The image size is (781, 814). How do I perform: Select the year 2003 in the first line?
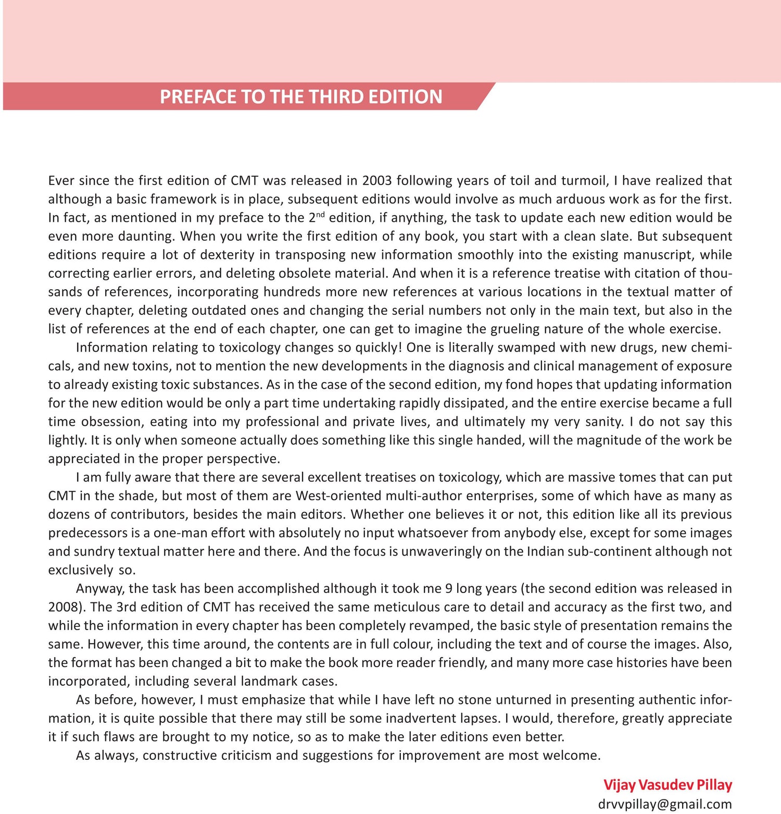tap(376, 180)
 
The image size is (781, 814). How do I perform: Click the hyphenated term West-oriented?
tap(337, 496)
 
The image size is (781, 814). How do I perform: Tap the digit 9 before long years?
tap(448, 588)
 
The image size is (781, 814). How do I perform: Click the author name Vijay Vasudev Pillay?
tap(667, 785)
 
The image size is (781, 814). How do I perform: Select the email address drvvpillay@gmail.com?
tap(664, 804)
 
